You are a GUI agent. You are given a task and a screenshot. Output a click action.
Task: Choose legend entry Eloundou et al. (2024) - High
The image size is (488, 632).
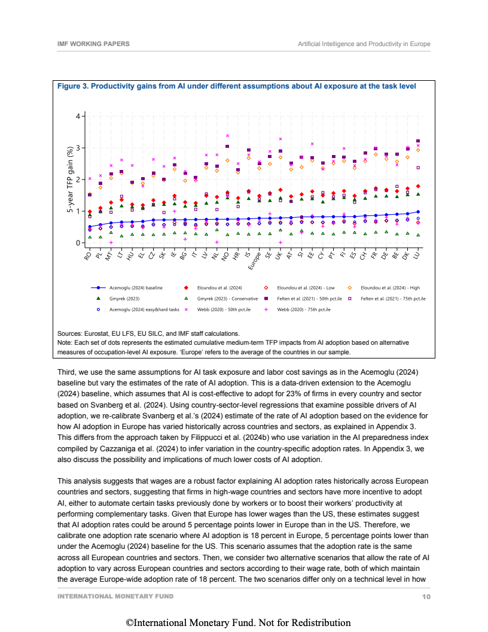pos(391,288)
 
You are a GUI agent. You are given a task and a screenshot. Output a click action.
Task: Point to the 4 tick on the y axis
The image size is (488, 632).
pos(78,116)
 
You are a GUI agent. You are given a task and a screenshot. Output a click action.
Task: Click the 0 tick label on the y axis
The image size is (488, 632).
pos(78,243)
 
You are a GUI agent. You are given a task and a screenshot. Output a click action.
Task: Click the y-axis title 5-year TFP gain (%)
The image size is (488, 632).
pos(69,180)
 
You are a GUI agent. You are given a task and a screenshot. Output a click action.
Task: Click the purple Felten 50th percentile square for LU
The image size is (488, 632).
pos(418,141)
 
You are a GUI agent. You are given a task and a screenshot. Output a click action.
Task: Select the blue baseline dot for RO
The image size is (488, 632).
pos(90,227)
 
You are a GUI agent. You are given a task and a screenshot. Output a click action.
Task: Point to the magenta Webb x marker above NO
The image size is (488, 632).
pos(227,136)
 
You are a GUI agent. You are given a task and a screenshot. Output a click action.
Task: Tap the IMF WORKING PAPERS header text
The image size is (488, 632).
pos(93,44)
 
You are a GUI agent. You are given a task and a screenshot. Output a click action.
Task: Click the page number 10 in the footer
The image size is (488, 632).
pos(426,597)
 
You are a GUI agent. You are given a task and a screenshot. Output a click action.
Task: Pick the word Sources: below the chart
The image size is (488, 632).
pos(71,333)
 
